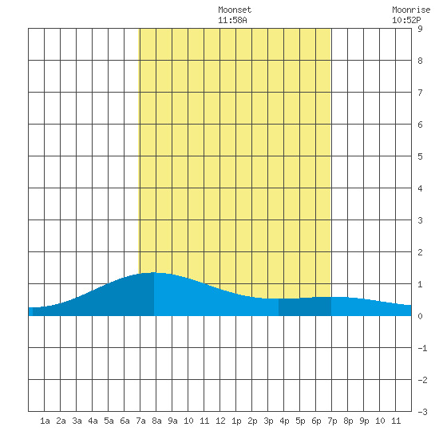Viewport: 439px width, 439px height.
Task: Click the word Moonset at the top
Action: point(235,10)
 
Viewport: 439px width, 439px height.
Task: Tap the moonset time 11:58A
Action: point(232,20)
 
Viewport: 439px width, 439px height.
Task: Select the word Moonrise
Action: point(411,10)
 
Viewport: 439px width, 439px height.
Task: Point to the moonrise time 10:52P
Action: point(406,20)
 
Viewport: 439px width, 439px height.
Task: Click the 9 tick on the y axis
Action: point(420,29)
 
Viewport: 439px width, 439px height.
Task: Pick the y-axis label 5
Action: point(420,156)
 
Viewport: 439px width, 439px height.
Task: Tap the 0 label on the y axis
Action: point(420,316)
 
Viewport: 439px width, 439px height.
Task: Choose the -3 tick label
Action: point(422,412)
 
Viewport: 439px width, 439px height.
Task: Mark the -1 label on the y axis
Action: point(422,348)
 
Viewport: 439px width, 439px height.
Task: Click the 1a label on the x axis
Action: point(45,421)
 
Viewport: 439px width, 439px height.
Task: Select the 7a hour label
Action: point(140,421)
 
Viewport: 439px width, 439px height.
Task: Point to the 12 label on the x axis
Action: point(220,421)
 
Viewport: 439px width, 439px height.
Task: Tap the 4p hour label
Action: point(284,421)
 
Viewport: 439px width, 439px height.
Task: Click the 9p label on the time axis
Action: point(364,421)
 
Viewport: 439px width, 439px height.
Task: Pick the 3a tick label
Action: point(77,421)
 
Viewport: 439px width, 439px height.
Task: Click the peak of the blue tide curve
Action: point(153,272)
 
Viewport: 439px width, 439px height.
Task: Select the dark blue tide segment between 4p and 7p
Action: point(305,307)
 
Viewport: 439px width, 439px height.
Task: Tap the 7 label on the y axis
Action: point(420,93)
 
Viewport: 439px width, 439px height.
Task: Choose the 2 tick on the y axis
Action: point(420,252)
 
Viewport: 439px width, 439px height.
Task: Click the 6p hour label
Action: point(316,421)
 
